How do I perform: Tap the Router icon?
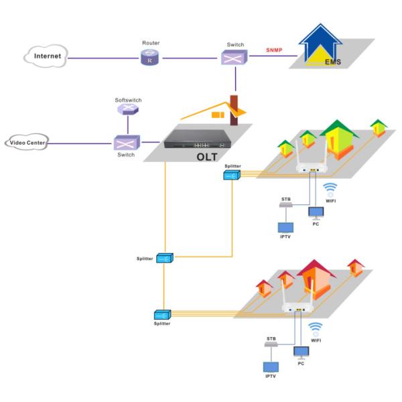tap(150, 58)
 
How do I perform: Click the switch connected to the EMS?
tap(234, 58)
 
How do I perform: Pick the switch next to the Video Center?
tap(126, 143)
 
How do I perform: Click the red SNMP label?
tap(275, 50)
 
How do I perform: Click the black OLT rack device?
tap(199, 143)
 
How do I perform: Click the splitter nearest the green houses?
tap(232, 175)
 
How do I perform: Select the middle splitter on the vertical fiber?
tap(164, 258)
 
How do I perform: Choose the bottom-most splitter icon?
tap(162, 314)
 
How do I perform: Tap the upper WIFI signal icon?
tap(330, 188)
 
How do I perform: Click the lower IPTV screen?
tap(271, 368)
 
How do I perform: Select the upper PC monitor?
tap(315, 213)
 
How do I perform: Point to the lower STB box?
tap(272, 344)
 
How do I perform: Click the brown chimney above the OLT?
tap(234, 111)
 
